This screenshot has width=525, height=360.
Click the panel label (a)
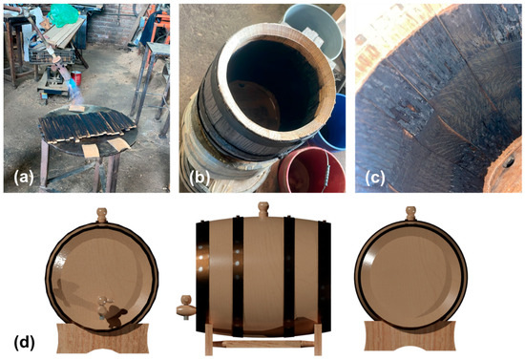tap(23, 179)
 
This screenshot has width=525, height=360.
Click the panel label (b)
tap(199, 179)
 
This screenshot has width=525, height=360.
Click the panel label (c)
tap(375, 179)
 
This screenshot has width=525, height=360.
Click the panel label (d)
tap(25, 342)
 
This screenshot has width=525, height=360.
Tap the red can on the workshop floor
tap(76, 78)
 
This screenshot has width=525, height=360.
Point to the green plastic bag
tap(63, 15)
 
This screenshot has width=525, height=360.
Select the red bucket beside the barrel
tap(310, 170)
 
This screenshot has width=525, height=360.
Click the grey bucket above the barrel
tap(313, 30)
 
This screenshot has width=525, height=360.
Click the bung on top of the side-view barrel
tap(263, 210)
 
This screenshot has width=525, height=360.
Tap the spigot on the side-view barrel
tap(186, 306)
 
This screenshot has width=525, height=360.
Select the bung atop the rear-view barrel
tap(410, 214)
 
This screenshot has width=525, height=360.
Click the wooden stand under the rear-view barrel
tap(409, 336)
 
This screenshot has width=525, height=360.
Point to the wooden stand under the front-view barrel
tap(103, 338)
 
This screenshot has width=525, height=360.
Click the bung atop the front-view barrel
tap(102, 215)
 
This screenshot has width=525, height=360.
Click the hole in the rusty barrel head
tap(508, 161)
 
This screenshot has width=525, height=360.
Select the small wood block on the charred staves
tap(76, 108)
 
